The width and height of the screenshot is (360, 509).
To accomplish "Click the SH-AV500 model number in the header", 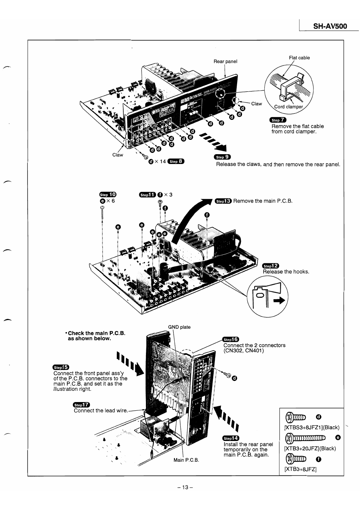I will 330,26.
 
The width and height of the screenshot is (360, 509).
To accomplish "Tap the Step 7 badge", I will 278,120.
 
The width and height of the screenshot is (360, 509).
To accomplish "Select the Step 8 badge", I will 176,161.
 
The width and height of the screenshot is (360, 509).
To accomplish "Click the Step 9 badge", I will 222,157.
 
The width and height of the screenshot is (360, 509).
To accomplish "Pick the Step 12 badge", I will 270,266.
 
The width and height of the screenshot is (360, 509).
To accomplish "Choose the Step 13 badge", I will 223,201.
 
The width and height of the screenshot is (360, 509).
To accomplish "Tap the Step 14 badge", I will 231,438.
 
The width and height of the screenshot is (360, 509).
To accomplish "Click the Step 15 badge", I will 61,367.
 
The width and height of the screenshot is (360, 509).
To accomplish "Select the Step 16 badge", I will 231,339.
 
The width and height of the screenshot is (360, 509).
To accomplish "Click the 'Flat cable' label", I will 299,58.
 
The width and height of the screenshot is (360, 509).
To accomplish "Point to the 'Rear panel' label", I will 225,61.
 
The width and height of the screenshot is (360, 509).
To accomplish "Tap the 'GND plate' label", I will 179,327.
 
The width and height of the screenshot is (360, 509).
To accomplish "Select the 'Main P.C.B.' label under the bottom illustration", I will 186,460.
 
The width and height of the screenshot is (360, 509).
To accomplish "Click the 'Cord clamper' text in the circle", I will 289,107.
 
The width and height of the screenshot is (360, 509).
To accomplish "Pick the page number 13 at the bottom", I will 185,487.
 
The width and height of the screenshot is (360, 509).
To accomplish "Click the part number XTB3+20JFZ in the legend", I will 310,449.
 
